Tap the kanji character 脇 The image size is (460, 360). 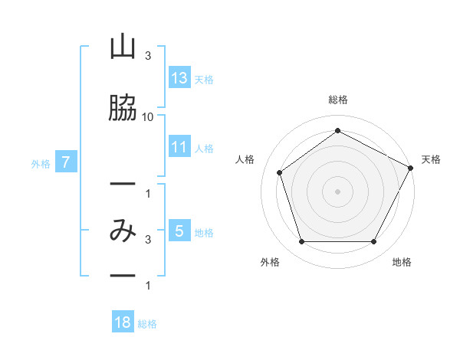pyautogui.click(x=123, y=107)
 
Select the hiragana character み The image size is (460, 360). pyautogui.click(x=123, y=231)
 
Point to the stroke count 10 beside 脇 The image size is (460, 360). pyautogui.click(x=147, y=117)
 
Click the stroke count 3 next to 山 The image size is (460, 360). pyautogui.click(x=148, y=56)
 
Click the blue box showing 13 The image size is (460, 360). pyautogui.click(x=180, y=77)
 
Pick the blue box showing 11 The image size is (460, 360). pyautogui.click(x=180, y=146)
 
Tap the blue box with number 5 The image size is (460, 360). pyautogui.click(x=180, y=230)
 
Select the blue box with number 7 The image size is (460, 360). pyautogui.click(x=66, y=162)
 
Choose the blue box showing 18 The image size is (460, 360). pyautogui.click(x=123, y=321)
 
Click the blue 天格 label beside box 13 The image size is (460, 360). pyautogui.click(x=204, y=80)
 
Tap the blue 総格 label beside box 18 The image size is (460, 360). pyautogui.click(x=147, y=324)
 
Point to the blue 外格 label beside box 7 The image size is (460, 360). pyautogui.click(x=41, y=164)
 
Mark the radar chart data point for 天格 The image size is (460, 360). pyautogui.click(x=411, y=168)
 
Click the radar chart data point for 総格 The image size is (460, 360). pyautogui.click(x=337, y=130)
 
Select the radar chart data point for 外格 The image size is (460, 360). pyautogui.click(x=301, y=241)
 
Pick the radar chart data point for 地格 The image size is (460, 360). pyautogui.click(x=374, y=241)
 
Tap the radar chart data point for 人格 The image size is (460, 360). pyautogui.click(x=280, y=172)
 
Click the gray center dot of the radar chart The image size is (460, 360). pyautogui.click(x=337, y=191)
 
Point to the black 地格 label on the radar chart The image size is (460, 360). pyautogui.click(x=402, y=262)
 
